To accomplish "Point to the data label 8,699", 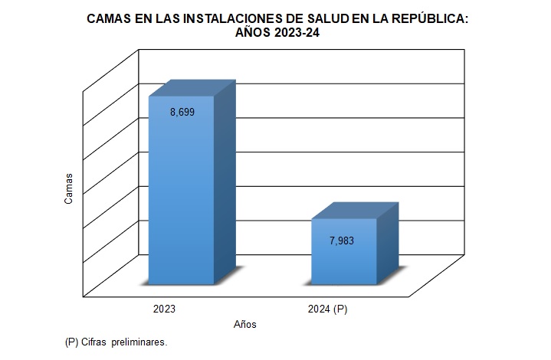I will (x=182, y=112).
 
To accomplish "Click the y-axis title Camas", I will (x=69, y=188).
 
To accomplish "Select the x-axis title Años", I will (x=245, y=325).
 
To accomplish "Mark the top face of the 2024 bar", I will (x=354, y=211).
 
